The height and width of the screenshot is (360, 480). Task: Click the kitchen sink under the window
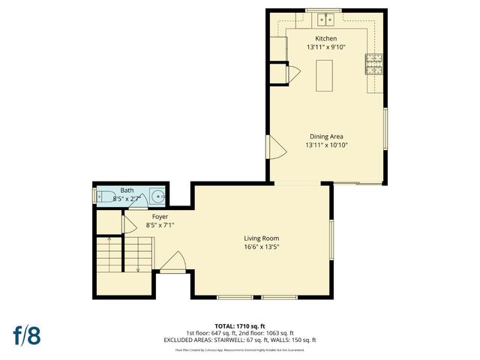point(325,19)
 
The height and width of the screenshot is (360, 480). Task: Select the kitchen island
point(324,76)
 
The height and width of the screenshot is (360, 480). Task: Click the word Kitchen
point(325,38)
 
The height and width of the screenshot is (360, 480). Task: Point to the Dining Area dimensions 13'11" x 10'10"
point(326,145)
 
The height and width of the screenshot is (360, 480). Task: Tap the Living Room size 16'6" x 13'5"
point(261,247)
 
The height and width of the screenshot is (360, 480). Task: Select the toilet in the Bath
point(101,196)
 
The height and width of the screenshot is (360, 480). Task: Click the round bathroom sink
point(157,196)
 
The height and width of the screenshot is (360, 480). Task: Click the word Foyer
point(160,216)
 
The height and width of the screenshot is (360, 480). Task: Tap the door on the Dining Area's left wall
point(275,147)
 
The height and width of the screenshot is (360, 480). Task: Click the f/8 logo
point(26,334)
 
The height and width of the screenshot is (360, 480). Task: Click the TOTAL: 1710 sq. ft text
point(240,326)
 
